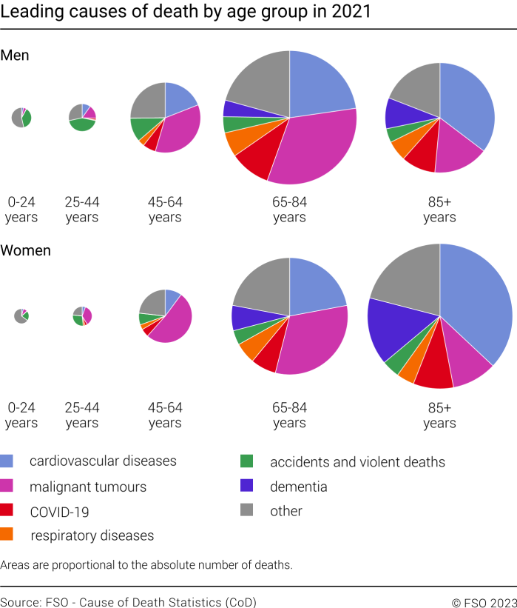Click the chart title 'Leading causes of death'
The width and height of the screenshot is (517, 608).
pyautogui.click(x=186, y=13)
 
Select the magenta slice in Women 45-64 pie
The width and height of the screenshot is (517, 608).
pyautogui.click(x=172, y=322)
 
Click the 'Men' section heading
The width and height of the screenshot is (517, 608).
pyautogui.click(x=15, y=56)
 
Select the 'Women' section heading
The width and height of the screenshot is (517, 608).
pyautogui.click(x=26, y=250)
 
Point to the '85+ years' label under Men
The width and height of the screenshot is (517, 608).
pyautogui.click(x=439, y=210)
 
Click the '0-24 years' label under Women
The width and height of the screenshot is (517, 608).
pyautogui.click(x=21, y=415)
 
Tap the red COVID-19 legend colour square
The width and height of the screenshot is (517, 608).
pyautogui.click(x=7, y=511)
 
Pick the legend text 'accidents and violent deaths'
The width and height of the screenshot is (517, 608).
pyautogui.click(x=357, y=462)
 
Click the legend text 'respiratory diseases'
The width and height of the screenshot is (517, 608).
pyautogui.click(x=92, y=535)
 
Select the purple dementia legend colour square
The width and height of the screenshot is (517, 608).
pyautogui.click(x=248, y=487)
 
